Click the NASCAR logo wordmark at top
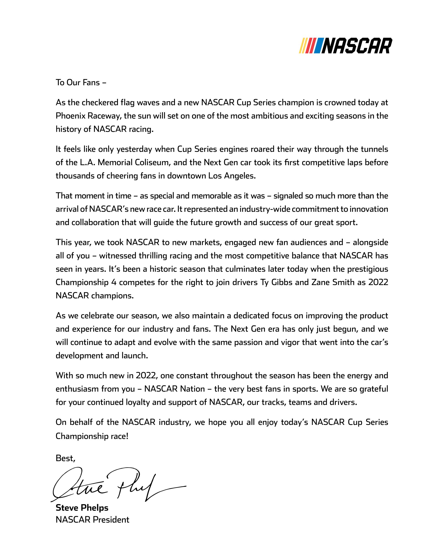357,46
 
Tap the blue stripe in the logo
317,46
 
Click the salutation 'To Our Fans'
81,82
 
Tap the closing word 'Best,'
65,459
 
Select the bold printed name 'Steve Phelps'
82,508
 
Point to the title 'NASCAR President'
92,520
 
